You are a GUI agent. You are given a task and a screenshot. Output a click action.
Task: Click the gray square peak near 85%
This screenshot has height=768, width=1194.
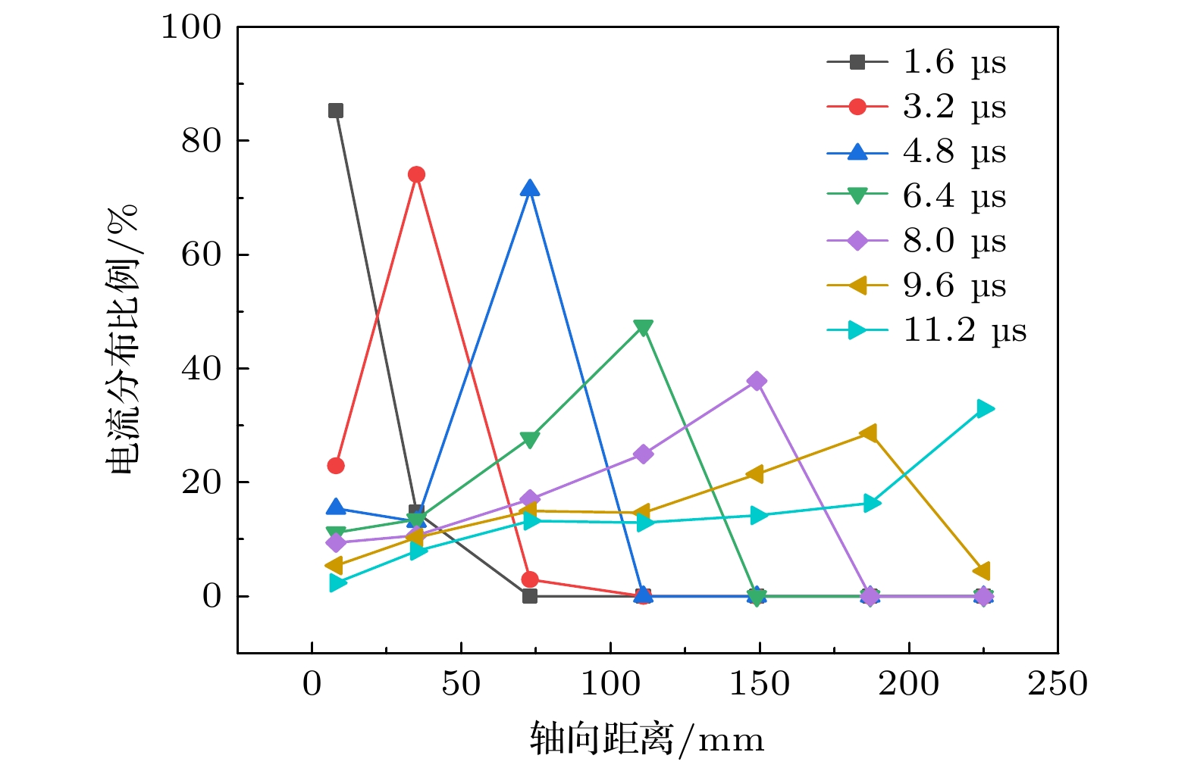[336, 111]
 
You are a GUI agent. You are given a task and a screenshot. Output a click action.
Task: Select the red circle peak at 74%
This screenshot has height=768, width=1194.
[416, 174]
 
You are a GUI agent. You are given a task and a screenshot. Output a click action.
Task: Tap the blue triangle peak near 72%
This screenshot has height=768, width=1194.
[530, 188]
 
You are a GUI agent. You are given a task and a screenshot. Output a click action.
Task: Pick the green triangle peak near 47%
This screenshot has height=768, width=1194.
[643, 327]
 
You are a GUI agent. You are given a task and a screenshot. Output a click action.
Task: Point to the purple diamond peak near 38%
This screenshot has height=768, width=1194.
[756, 381]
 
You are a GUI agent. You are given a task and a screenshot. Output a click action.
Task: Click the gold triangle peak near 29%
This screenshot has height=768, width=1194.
[869, 433]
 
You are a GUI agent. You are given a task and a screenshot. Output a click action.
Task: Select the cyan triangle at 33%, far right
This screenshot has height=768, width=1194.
[984, 409]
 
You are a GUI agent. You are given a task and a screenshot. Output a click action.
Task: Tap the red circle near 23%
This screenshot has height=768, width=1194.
[336, 466]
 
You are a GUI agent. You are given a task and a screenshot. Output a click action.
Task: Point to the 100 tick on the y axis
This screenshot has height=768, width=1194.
[191, 27]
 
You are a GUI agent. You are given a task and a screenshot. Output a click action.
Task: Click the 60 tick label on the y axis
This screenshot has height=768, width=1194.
[201, 254]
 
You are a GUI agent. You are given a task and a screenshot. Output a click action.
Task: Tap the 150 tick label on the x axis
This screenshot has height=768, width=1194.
[759, 684]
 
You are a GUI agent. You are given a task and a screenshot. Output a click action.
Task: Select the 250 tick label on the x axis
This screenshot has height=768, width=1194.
[1057, 684]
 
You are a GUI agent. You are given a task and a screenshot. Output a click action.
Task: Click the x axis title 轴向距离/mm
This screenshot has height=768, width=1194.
[647, 739]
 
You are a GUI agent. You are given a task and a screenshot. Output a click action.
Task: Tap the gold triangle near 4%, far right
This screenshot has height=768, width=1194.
[982, 571]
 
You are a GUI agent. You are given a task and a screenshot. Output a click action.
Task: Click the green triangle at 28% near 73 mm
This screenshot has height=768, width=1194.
[530, 439]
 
